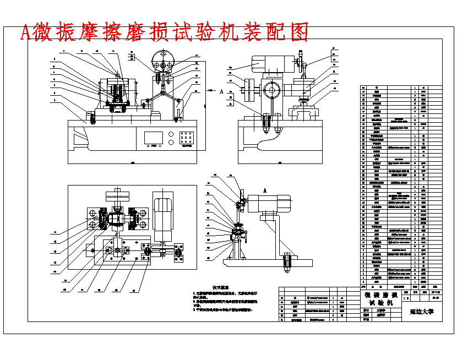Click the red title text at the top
tap(164, 33)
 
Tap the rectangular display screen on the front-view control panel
tap(154, 138)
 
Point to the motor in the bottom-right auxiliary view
tap(271, 203)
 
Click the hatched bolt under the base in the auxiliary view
tap(286, 264)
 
